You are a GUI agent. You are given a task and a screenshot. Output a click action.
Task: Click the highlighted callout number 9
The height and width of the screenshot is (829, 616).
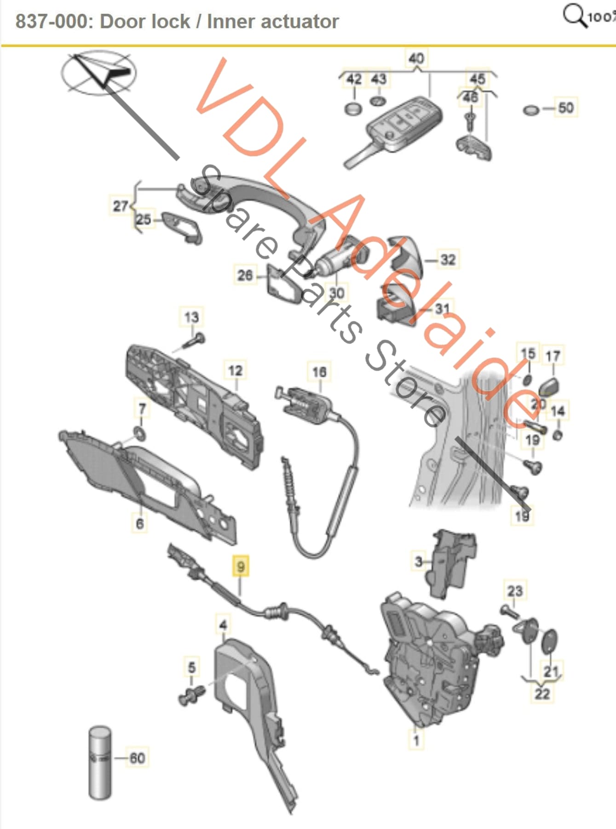241,566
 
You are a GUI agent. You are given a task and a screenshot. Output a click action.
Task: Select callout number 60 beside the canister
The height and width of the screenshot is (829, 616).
137,758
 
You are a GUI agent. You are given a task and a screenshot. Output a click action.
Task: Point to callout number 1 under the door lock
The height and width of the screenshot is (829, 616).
416,740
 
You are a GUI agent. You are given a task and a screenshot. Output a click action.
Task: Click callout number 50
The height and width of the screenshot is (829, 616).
565,108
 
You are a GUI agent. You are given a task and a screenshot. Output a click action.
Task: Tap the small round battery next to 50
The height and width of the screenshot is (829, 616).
531,110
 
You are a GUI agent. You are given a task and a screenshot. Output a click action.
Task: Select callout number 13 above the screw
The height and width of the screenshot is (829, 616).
191,317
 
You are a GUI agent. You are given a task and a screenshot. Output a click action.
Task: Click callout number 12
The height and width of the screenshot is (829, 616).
235,370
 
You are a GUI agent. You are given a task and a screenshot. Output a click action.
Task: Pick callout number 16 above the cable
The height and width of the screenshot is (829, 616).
319,372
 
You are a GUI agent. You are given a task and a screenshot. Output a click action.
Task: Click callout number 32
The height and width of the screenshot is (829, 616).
448,260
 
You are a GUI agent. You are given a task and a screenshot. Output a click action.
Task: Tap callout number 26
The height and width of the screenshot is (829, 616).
245,275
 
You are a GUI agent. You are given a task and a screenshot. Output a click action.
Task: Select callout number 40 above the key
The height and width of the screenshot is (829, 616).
416,58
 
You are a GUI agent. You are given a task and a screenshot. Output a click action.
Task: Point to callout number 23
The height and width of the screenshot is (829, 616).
515,591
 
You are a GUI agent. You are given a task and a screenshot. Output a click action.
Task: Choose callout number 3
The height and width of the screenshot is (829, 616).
418,561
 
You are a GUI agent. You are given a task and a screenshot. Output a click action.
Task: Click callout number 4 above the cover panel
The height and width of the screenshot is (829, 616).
223,625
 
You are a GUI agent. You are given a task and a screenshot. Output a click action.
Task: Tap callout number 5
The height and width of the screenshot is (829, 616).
192,667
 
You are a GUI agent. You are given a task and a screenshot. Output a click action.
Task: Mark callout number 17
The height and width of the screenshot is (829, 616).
553,356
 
